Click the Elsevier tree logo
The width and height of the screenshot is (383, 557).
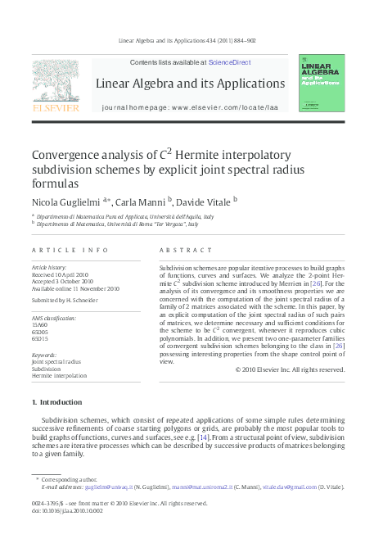point(55,80)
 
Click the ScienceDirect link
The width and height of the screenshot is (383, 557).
point(229,62)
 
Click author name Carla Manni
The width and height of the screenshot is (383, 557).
point(140,200)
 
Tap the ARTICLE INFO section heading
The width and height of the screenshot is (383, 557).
point(58,249)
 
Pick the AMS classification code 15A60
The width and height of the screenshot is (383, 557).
point(40,324)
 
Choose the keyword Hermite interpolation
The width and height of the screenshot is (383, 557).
point(58,376)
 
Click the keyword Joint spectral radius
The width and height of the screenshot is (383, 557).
point(56,361)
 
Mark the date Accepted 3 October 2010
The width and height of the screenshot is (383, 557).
point(62,281)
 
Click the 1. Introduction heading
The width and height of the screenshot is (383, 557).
point(56,402)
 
